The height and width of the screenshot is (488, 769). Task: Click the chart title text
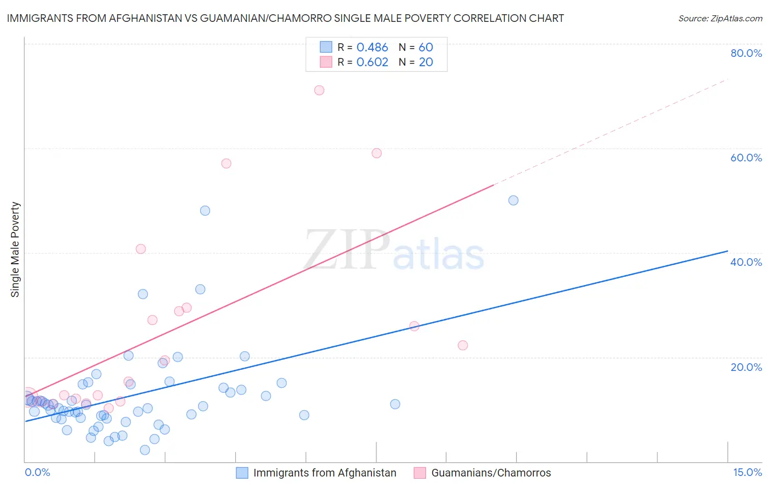tap(285, 18)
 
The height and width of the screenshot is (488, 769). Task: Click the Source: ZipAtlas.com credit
tap(720, 19)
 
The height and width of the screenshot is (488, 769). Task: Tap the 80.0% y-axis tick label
tap(746, 53)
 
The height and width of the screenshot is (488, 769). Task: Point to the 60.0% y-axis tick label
tap(746, 158)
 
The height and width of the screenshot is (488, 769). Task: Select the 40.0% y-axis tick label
tap(746, 262)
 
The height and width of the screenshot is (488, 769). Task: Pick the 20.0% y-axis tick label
tap(746, 367)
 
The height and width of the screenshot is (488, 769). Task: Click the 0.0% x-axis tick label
tap(37, 472)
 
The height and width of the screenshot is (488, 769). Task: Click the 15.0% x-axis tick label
tap(747, 472)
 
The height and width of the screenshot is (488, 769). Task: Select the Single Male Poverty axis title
tap(15, 249)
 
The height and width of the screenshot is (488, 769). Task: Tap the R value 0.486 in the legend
tap(372, 48)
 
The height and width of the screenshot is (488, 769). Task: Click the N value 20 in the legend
tap(426, 62)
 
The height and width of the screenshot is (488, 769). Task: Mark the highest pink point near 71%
tap(319, 90)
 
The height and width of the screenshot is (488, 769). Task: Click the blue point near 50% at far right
tap(513, 200)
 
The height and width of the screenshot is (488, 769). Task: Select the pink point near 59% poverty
tap(376, 153)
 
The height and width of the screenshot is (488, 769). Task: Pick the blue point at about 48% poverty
tap(205, 211)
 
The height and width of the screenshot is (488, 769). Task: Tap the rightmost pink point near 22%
tap(463, 345)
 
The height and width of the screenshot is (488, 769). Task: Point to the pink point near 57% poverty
tap(226, 164)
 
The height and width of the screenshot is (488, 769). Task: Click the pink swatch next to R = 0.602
tap(326, 62)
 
